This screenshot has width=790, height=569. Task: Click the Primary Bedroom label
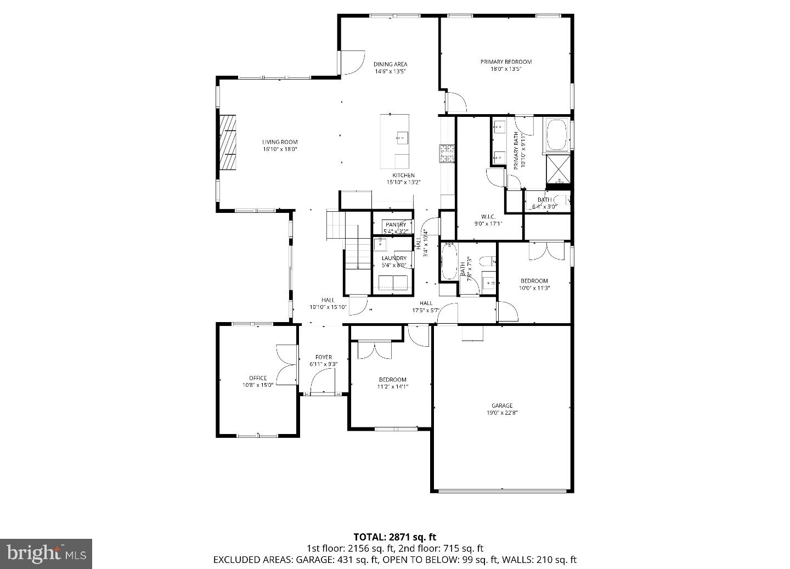coord(506,62)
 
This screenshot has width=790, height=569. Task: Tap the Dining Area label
coord(390,64)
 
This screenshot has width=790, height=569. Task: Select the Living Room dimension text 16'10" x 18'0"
coord(279,149)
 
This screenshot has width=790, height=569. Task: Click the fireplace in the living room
coord(228,144)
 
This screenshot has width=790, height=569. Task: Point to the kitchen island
coord(394,141)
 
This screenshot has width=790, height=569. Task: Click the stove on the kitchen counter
coord(447,153)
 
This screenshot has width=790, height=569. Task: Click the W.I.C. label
coord(488,217)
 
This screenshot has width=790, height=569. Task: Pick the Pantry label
coord(396,224)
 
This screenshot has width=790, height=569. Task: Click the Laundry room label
coord(394,258)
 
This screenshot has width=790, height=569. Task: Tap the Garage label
coord(502,405)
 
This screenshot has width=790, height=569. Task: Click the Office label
coord(258,378)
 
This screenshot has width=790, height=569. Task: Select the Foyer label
coord(323,357)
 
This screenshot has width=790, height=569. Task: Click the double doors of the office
coord(286,365)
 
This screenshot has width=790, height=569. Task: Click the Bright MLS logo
coord(46,553)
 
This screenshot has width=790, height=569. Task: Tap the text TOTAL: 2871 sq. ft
coord(394,537)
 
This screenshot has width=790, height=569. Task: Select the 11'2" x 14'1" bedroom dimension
coord(393,387)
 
